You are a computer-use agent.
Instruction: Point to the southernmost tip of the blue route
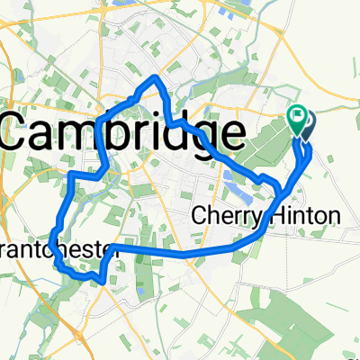105,281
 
